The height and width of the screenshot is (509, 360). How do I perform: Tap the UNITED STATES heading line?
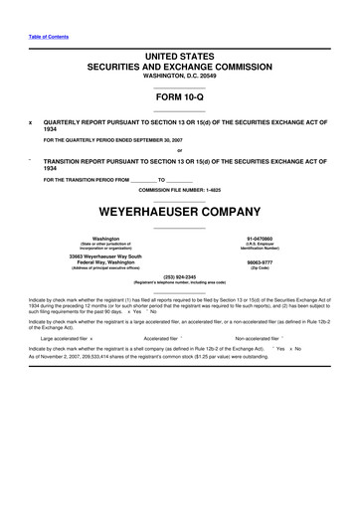tap(179, 58)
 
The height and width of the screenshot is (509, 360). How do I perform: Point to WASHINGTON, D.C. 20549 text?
tap(179, 80)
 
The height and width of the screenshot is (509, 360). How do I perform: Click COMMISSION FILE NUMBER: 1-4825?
tap(179, 189)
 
